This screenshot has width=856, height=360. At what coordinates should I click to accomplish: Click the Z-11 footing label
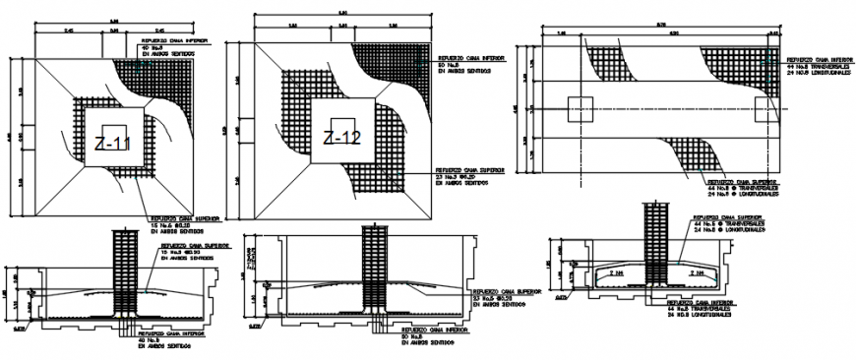click(112, 145)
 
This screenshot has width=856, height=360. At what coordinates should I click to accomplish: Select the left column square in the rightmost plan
click(580, 108)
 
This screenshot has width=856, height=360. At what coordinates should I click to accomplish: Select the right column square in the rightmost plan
click(765, 108)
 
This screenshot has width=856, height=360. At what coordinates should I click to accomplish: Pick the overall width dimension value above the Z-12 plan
click(343, 11)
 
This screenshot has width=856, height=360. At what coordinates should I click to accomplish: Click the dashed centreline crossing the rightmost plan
click(669, 108)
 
